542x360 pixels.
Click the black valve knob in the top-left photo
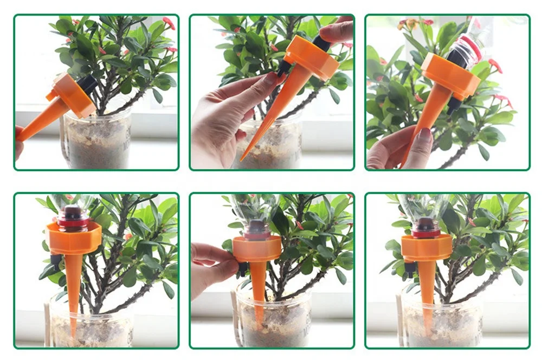point(87,85)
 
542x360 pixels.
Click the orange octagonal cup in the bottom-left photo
point(74,239)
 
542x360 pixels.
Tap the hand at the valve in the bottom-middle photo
point(212,266)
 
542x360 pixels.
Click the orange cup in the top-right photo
point(450,76)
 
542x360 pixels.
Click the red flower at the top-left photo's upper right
point(169,23)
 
